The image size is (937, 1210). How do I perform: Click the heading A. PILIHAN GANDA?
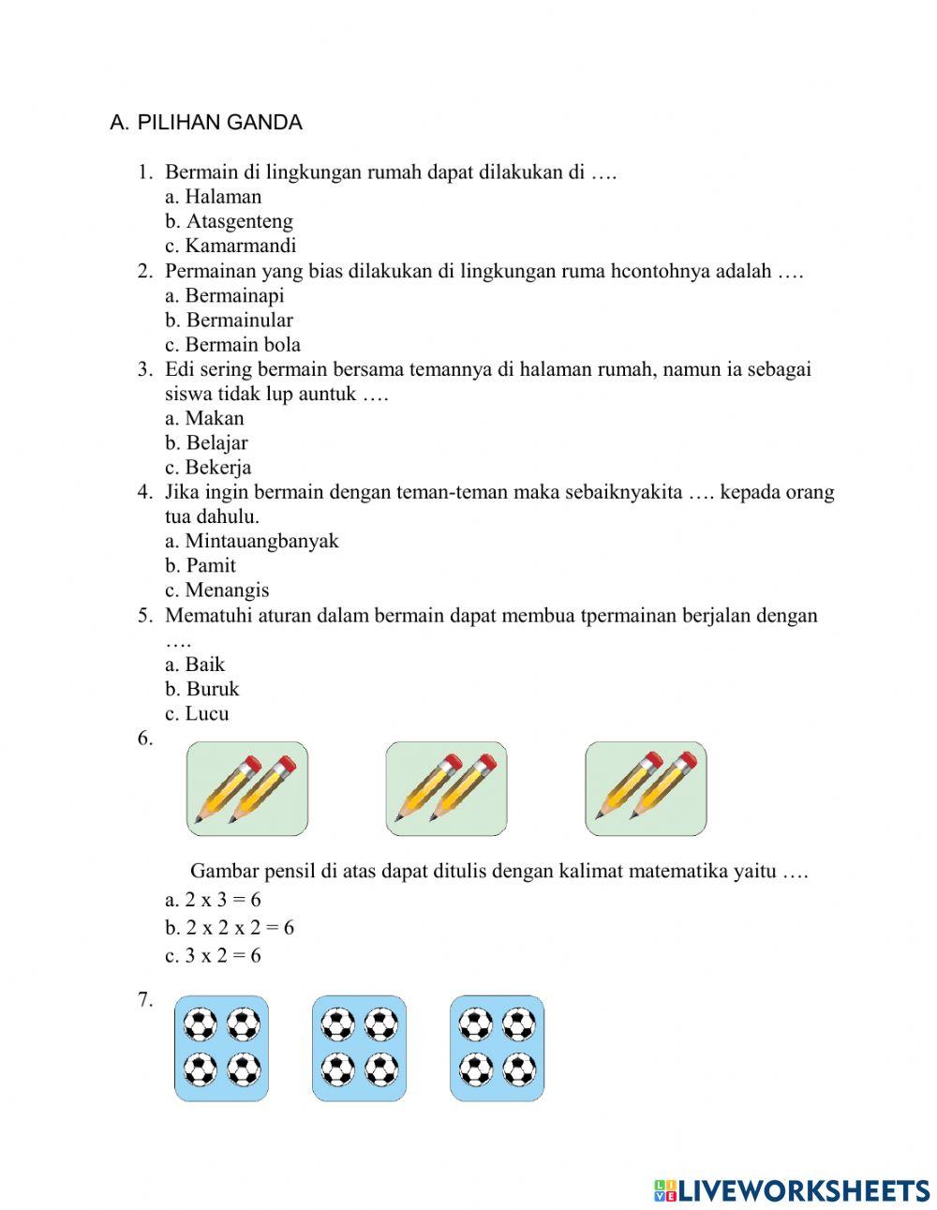(x=206, y=123)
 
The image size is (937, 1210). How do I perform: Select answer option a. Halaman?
(x=214, y=197)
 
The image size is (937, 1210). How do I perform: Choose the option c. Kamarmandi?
(x=231, y=246)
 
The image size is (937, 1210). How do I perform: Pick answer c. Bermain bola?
(x=233, y=344)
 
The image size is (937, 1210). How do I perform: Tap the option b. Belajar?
(x=207, y=442)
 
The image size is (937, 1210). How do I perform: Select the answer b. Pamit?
(x=201, y=565)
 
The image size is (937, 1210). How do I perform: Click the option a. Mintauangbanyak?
(x=252, y=541)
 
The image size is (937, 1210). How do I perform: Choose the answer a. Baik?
(x=195, y=665)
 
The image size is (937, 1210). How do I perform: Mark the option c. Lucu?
(x=197, y=713)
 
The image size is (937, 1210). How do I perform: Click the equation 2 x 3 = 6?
(x=214, y=900)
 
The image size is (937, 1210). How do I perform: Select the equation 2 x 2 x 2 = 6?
(x=230, y=928)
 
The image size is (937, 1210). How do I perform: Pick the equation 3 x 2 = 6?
(x=214, y=956)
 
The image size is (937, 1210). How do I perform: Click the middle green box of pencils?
(x=446, y=788)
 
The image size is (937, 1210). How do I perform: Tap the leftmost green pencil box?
(x=247, y=788)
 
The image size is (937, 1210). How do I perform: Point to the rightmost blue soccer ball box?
(x=497, y=1048)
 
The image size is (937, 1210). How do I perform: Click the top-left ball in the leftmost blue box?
(x=201, y=1024)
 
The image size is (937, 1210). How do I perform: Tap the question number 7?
(x=145, y=999)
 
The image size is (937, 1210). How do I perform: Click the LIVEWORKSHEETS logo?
(x=792, y=1190)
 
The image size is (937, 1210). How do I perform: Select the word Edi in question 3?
(x=180, y=369)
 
